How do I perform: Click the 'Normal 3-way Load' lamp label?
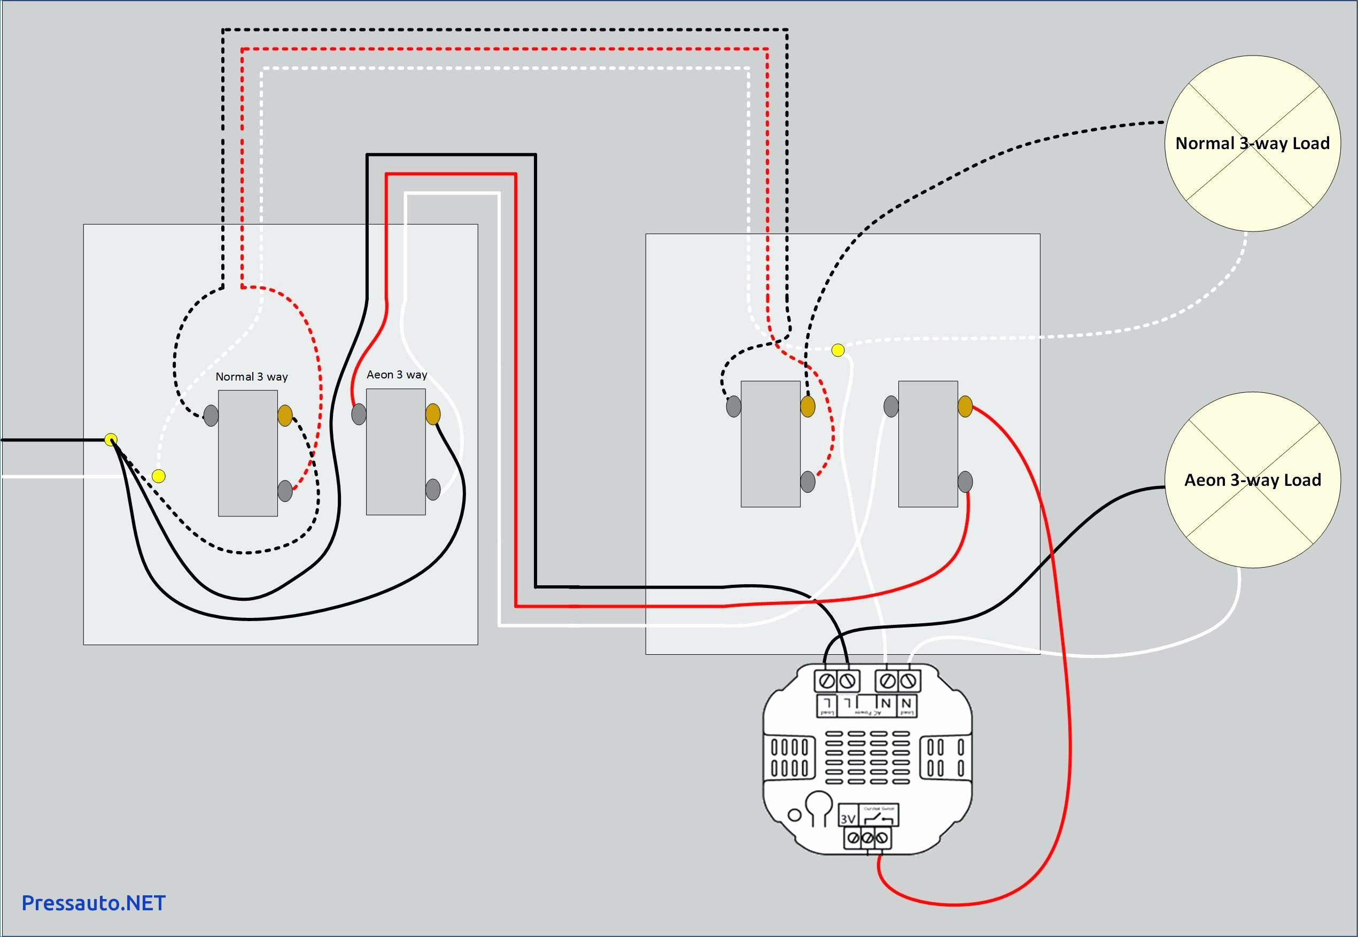pyautogui.click(x=1252, y=143)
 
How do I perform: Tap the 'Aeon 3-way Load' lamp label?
pyautogui.click(x=1252, y=480)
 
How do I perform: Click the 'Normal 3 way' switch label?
pyautogui.click(x=252, y=377)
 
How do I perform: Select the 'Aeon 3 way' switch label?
pyautogui.click(x=397, y=375)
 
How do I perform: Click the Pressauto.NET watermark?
pyautogui.click(x=94, y=903)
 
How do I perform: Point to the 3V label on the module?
pyautogui.click(x=848, y=818)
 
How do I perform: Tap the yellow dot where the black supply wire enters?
pyautogui.click(x=110, y=439)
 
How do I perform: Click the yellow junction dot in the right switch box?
pyautogui.click(x=838, y=351)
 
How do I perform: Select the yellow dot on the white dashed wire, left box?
pyautogui.click(x=158, y=476)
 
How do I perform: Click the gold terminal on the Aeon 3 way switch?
pyautogui.click(x=432, y=414)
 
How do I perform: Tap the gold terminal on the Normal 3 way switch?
pyautogui.click(x=285, y=416)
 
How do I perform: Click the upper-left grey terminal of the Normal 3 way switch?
pyautogui.click(x=211, y=416)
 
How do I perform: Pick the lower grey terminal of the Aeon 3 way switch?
pyautogui.click(x=432, y=489)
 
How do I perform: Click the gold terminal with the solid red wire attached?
pyautogui.click(x=965, y=406)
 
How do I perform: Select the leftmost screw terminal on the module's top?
pyautogui.click(x=826, y=681)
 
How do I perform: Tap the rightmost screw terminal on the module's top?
pyautogui.click(x=909, y=681)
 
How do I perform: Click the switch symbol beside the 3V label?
pyautogui.click(x=879, y=817)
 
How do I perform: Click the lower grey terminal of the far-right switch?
pyautogui.click(x=965, y=482)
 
